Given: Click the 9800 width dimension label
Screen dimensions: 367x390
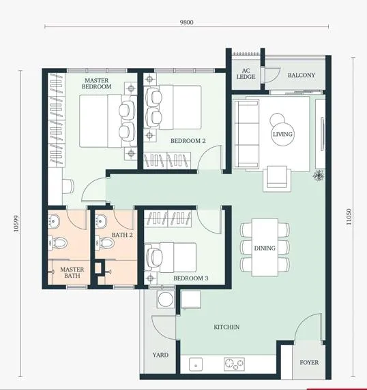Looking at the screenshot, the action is coord(186,22).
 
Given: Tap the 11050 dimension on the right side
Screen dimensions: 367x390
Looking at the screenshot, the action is coord(349,216).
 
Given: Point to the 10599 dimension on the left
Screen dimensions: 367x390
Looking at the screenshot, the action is coord(16,224).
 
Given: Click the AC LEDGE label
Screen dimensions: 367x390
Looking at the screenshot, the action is coord(246,74).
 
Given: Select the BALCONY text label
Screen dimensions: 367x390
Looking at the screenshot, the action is coord(302,75).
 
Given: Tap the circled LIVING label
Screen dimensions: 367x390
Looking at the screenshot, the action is coord(282,134).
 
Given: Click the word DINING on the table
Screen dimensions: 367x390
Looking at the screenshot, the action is coord(265,248).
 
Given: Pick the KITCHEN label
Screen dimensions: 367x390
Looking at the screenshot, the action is coord(226,327).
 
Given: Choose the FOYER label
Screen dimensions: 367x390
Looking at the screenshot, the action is coord(309,362).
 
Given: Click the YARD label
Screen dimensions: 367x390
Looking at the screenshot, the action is coord(160,355).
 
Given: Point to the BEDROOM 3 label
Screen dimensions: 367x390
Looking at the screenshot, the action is coord(191,278).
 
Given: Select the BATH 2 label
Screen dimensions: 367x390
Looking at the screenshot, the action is coord(122,235).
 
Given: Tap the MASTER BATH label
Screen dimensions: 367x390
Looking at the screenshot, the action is coord(72,273).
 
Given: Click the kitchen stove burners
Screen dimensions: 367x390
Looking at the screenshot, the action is coord(234,364).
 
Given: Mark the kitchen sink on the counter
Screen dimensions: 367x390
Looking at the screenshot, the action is coord(196,365).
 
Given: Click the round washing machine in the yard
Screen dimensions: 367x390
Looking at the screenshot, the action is coord(166,299).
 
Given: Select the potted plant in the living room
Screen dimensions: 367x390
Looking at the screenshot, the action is coord(319,175).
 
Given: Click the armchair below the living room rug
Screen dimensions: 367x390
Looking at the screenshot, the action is coord(277,179).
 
